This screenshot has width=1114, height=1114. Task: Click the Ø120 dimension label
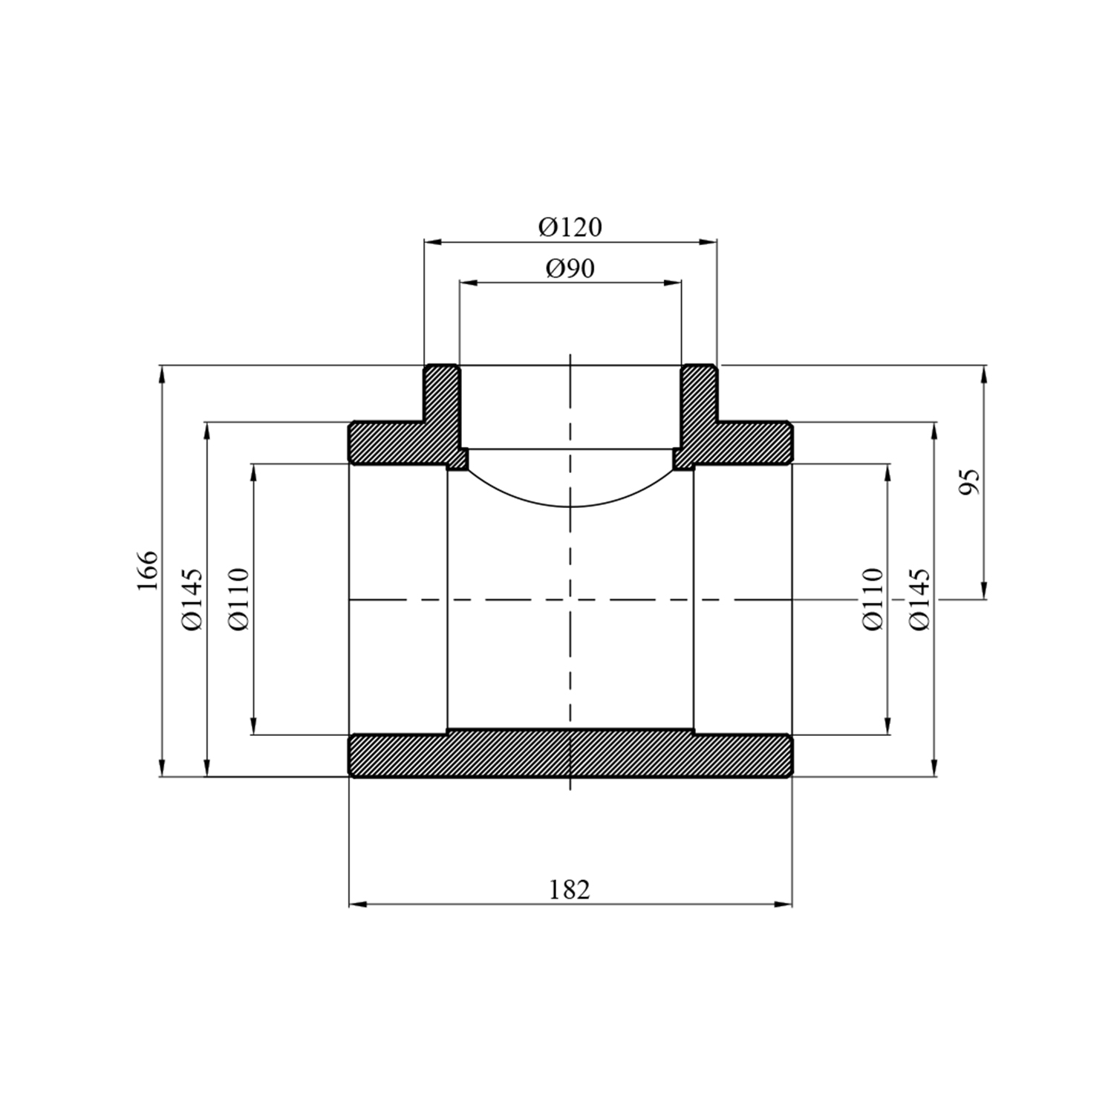570,227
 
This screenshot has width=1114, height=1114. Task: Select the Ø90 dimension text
570,268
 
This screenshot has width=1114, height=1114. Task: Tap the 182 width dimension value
570,889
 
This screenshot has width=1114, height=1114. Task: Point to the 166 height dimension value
148,570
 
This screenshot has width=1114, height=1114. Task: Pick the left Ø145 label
192,600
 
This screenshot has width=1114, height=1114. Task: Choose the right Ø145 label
919,600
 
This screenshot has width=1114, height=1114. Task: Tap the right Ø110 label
873,599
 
